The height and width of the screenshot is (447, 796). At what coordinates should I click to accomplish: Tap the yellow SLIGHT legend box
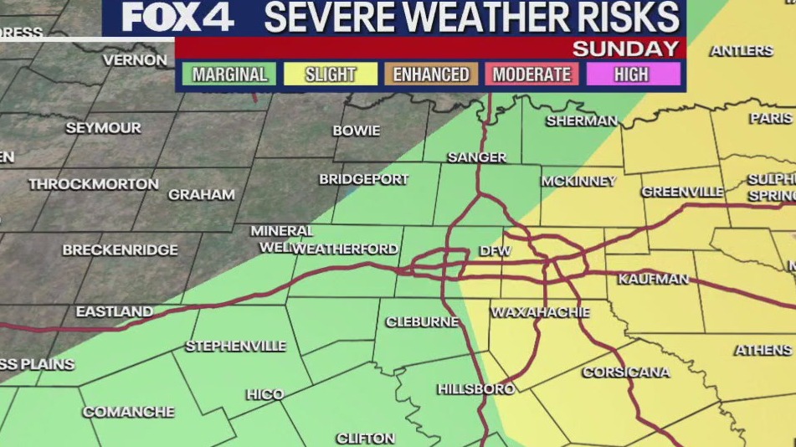pyautogui.click(x=331, y=74)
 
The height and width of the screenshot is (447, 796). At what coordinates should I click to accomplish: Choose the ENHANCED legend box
pyautogui.click(x=431, y=74)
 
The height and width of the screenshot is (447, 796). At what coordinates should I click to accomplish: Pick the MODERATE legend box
pyautogui.click(x=532, y=74)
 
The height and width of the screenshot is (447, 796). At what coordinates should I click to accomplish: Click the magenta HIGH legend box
pyautogui.click(x=632, y=74)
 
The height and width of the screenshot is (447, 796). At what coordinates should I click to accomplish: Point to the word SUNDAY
pyautogui.click(x=624, y=49)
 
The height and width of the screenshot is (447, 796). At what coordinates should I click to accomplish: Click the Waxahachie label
pyautogui.click(x=540, y=312)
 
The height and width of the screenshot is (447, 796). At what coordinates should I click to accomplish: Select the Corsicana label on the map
pyautogui.click(x=626, y=372)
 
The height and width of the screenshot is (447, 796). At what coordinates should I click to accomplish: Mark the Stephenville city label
pyautogui.click(x=235, y=346)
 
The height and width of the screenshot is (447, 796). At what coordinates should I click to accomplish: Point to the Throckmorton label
pyautogui.click(x=93, y=184)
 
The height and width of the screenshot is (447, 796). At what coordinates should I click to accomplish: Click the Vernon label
pyautogui.click(x=135, y=60)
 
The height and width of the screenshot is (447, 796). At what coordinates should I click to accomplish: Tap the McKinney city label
pyautogui.click(x=578, y=181)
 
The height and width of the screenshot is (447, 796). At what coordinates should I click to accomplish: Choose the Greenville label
pyautogui.click(x=682, y=192)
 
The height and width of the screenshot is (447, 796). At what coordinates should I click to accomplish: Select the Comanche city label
pyautogui.click(x=128, y=412)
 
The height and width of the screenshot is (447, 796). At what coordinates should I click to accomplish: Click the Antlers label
pyautogui.click(x=742, y=51)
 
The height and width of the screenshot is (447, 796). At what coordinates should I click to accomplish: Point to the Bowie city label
pyautogui.click(x=356, y=131)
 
